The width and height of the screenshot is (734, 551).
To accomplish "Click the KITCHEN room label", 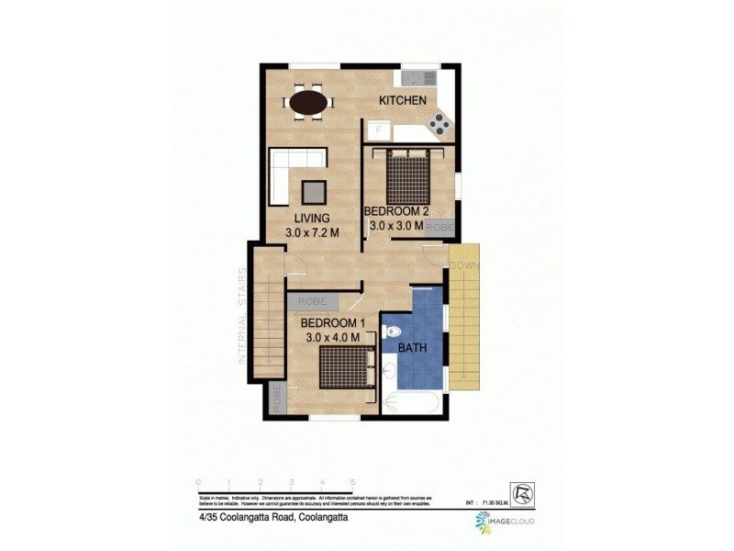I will tap(402, 100).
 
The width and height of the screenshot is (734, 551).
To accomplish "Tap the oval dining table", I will tap(307, 100).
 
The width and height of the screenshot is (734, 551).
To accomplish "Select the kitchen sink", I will tap(417, 76).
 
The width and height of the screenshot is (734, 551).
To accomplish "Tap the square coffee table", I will tap(315, 191).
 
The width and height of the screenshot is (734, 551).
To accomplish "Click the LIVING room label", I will tap(313, 219).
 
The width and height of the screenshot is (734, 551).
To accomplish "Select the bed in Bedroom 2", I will tap(407, 176).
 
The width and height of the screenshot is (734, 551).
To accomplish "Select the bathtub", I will tap(413, 402).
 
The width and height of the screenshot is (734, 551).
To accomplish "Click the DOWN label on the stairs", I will tap(464, 265).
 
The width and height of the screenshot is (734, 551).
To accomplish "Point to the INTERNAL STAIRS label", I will tap(243, 316).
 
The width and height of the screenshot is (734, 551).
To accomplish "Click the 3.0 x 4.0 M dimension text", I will tap(335, 338).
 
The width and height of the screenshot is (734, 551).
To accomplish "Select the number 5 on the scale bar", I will tap(353, 481).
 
